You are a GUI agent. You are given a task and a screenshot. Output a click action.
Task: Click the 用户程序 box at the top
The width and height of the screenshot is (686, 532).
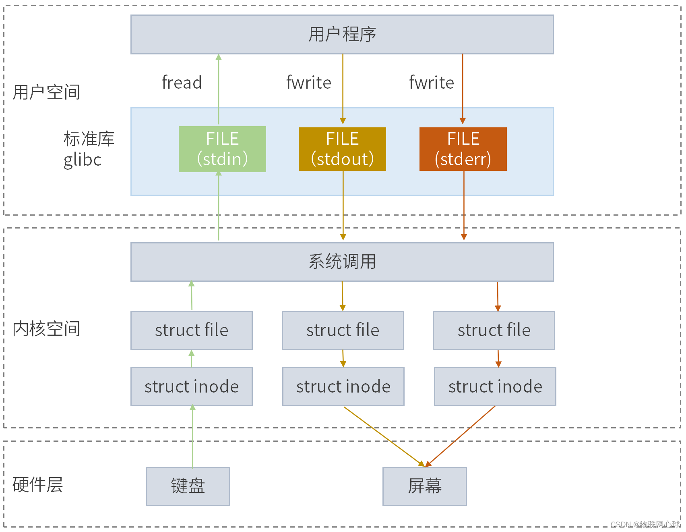(x=342, y=35)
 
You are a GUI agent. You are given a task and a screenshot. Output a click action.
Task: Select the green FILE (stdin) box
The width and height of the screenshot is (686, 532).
(x=222, y=149)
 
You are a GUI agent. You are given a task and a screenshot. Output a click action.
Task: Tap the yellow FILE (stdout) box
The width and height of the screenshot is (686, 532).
(x=342, y=149)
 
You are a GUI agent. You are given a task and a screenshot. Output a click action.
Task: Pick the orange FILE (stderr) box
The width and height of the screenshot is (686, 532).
(x=463, y=149)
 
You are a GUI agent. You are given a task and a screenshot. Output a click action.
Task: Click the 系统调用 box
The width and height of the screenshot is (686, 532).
(x=342, y=262)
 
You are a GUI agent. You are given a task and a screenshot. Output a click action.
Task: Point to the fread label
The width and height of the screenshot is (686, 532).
(x=182, y=83)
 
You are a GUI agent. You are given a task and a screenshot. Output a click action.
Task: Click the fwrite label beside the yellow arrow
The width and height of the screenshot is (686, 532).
(x=309, y=83)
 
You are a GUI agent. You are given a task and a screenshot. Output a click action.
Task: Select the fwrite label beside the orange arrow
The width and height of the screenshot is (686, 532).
(x=432, y=83)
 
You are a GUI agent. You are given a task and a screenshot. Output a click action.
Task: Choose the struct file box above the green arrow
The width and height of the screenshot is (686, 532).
(x=192, y=330)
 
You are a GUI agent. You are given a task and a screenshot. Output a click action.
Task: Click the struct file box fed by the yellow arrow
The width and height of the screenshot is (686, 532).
(x=343, y=330)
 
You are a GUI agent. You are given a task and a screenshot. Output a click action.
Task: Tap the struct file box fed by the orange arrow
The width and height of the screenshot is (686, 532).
(x=494, y=330)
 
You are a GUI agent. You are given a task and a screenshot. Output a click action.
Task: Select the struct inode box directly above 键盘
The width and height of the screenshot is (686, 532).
(x=192, y=387)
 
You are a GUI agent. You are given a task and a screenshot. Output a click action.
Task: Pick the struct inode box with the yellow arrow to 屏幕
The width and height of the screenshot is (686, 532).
(x=343, y=387)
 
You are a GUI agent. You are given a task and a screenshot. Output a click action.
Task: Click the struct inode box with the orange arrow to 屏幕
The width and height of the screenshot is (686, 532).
(x=495, y=387)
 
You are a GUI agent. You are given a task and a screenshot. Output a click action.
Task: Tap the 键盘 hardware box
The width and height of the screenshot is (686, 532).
(x=188, y=486)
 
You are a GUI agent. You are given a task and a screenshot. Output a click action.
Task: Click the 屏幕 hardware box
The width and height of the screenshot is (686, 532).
(x=425, y=486)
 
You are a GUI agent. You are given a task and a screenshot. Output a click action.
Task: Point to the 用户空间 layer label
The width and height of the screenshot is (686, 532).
(x=46, y=92)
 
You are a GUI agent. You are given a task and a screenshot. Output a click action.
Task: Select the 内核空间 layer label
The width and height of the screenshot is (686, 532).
(x=46, y=329)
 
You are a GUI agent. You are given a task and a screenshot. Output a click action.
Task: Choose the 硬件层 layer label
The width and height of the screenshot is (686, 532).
(x=37, y=485)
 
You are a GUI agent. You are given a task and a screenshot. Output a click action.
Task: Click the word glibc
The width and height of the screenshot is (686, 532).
(x=83, y=160)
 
